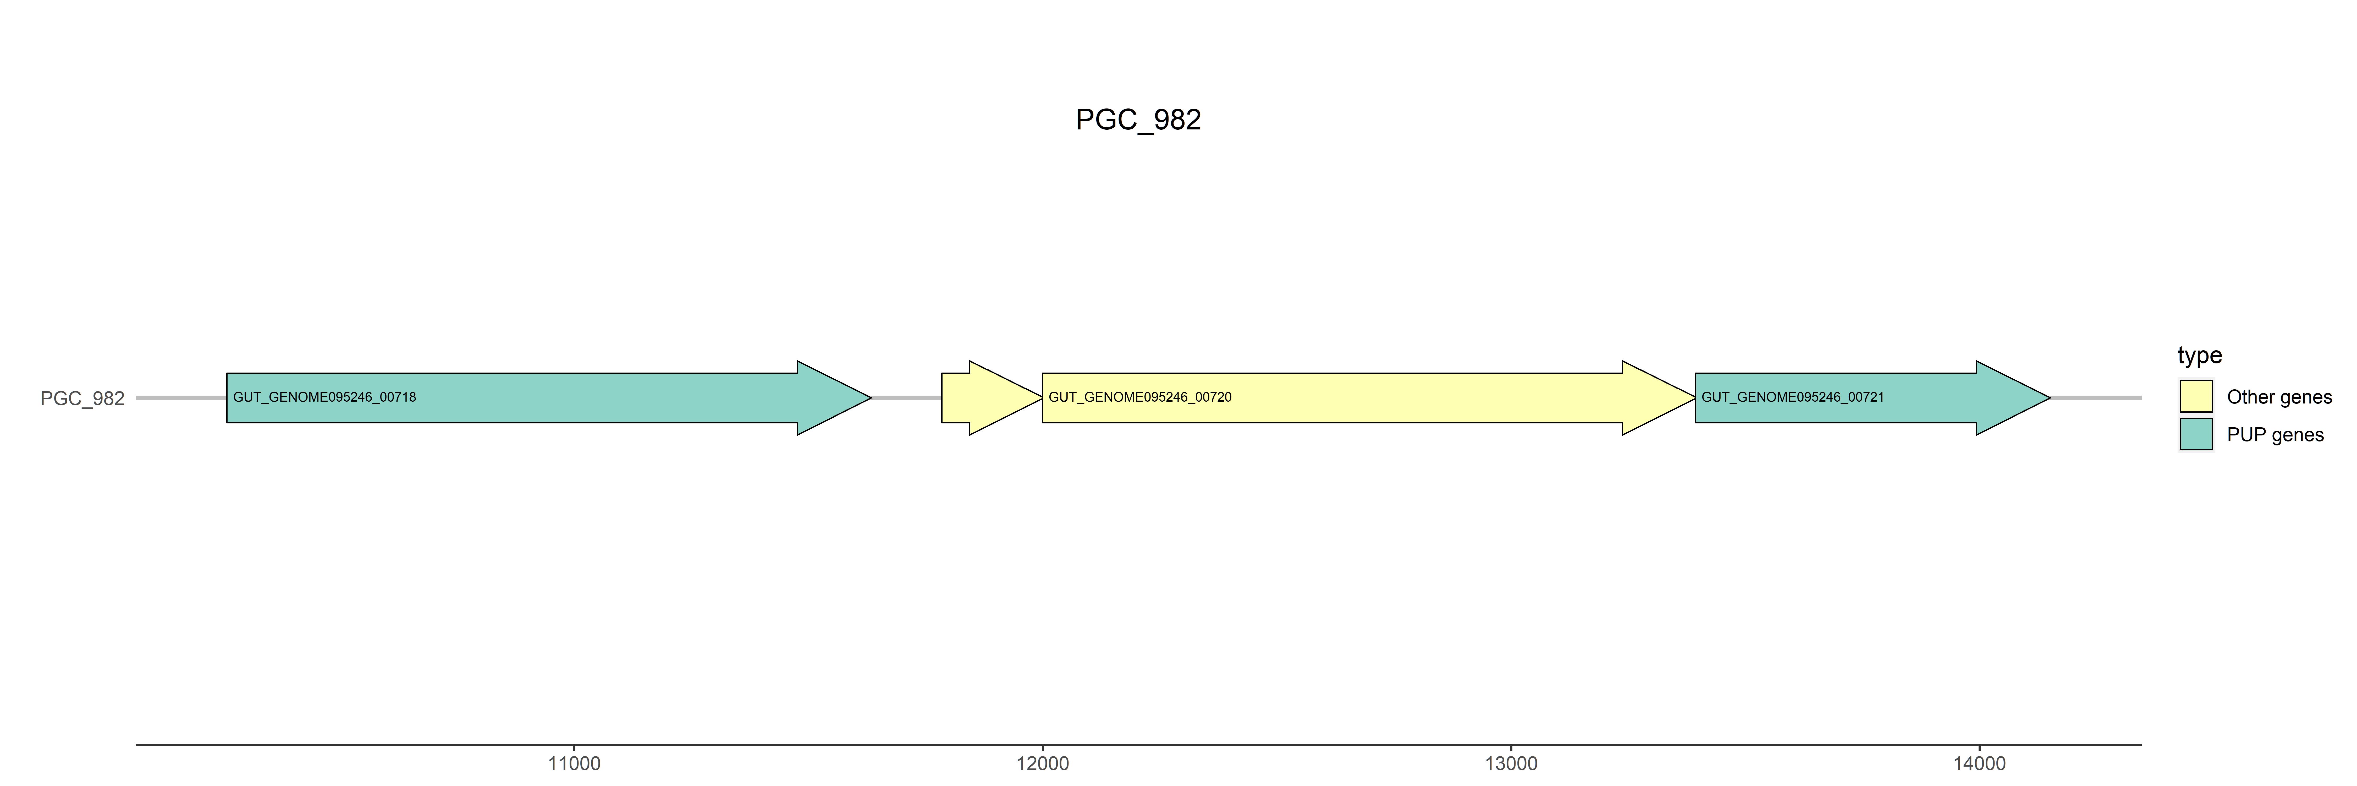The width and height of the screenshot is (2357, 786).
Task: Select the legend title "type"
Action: click(x=2200, y=355)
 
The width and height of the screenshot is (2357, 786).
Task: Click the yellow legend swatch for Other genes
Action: click(x=2196, y=396)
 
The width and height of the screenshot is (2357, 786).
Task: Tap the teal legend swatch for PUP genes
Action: click(x=2196, y=434)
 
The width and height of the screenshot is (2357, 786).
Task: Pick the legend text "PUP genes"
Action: click(x=2275, y=435)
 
